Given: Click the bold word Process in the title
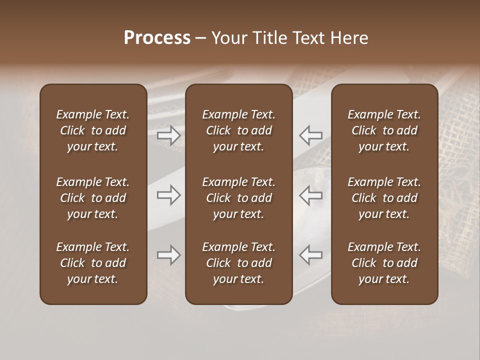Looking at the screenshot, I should (157, 38).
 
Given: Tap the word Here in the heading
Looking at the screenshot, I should (348, 38).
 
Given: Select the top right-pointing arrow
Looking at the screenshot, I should (169, 135).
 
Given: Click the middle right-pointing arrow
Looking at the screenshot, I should (169, 195).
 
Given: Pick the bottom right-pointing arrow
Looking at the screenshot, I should (169, 255).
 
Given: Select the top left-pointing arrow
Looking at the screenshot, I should (311, 135).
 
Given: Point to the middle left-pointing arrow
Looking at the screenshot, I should (311, 195).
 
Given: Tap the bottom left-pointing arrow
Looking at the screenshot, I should (311, 255).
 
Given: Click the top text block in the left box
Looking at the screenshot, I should (93, 130).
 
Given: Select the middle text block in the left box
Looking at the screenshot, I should (93, 198).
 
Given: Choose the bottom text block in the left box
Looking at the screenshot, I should (93, 263).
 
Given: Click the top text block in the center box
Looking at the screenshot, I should (239, 130).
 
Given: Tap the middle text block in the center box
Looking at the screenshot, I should (239, 198).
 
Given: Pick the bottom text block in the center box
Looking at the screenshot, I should (239, 263).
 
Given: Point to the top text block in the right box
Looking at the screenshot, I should (384, 130).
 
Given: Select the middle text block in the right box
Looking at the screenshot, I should (384, 198).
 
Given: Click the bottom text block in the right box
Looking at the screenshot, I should (384, 263).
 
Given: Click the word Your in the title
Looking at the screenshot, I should (228, 38).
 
